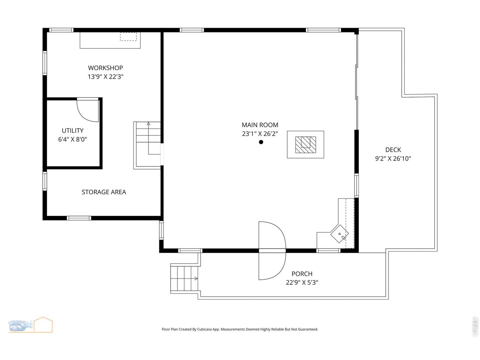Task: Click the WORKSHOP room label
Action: [105, 68]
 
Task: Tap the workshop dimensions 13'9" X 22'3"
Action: [105, 77]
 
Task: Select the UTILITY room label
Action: [73, 130]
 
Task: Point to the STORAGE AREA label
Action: [104, 192]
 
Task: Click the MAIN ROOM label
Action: [260, 125]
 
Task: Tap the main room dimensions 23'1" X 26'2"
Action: [260, 133]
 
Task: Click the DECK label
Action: [393, 150]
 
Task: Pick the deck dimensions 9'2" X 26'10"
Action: [393, 159]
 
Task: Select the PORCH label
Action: [302, 274]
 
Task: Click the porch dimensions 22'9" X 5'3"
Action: [302, 283]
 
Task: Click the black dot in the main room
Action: [261, 142]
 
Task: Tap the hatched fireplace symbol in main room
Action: [306, 145]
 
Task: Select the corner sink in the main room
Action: [339, 234]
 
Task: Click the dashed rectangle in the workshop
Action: [128, 36]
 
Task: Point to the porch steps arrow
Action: [196, 279]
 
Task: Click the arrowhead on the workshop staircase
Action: [148, 124]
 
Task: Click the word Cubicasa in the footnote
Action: [205, 329]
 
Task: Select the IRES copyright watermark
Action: [474, 327]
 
